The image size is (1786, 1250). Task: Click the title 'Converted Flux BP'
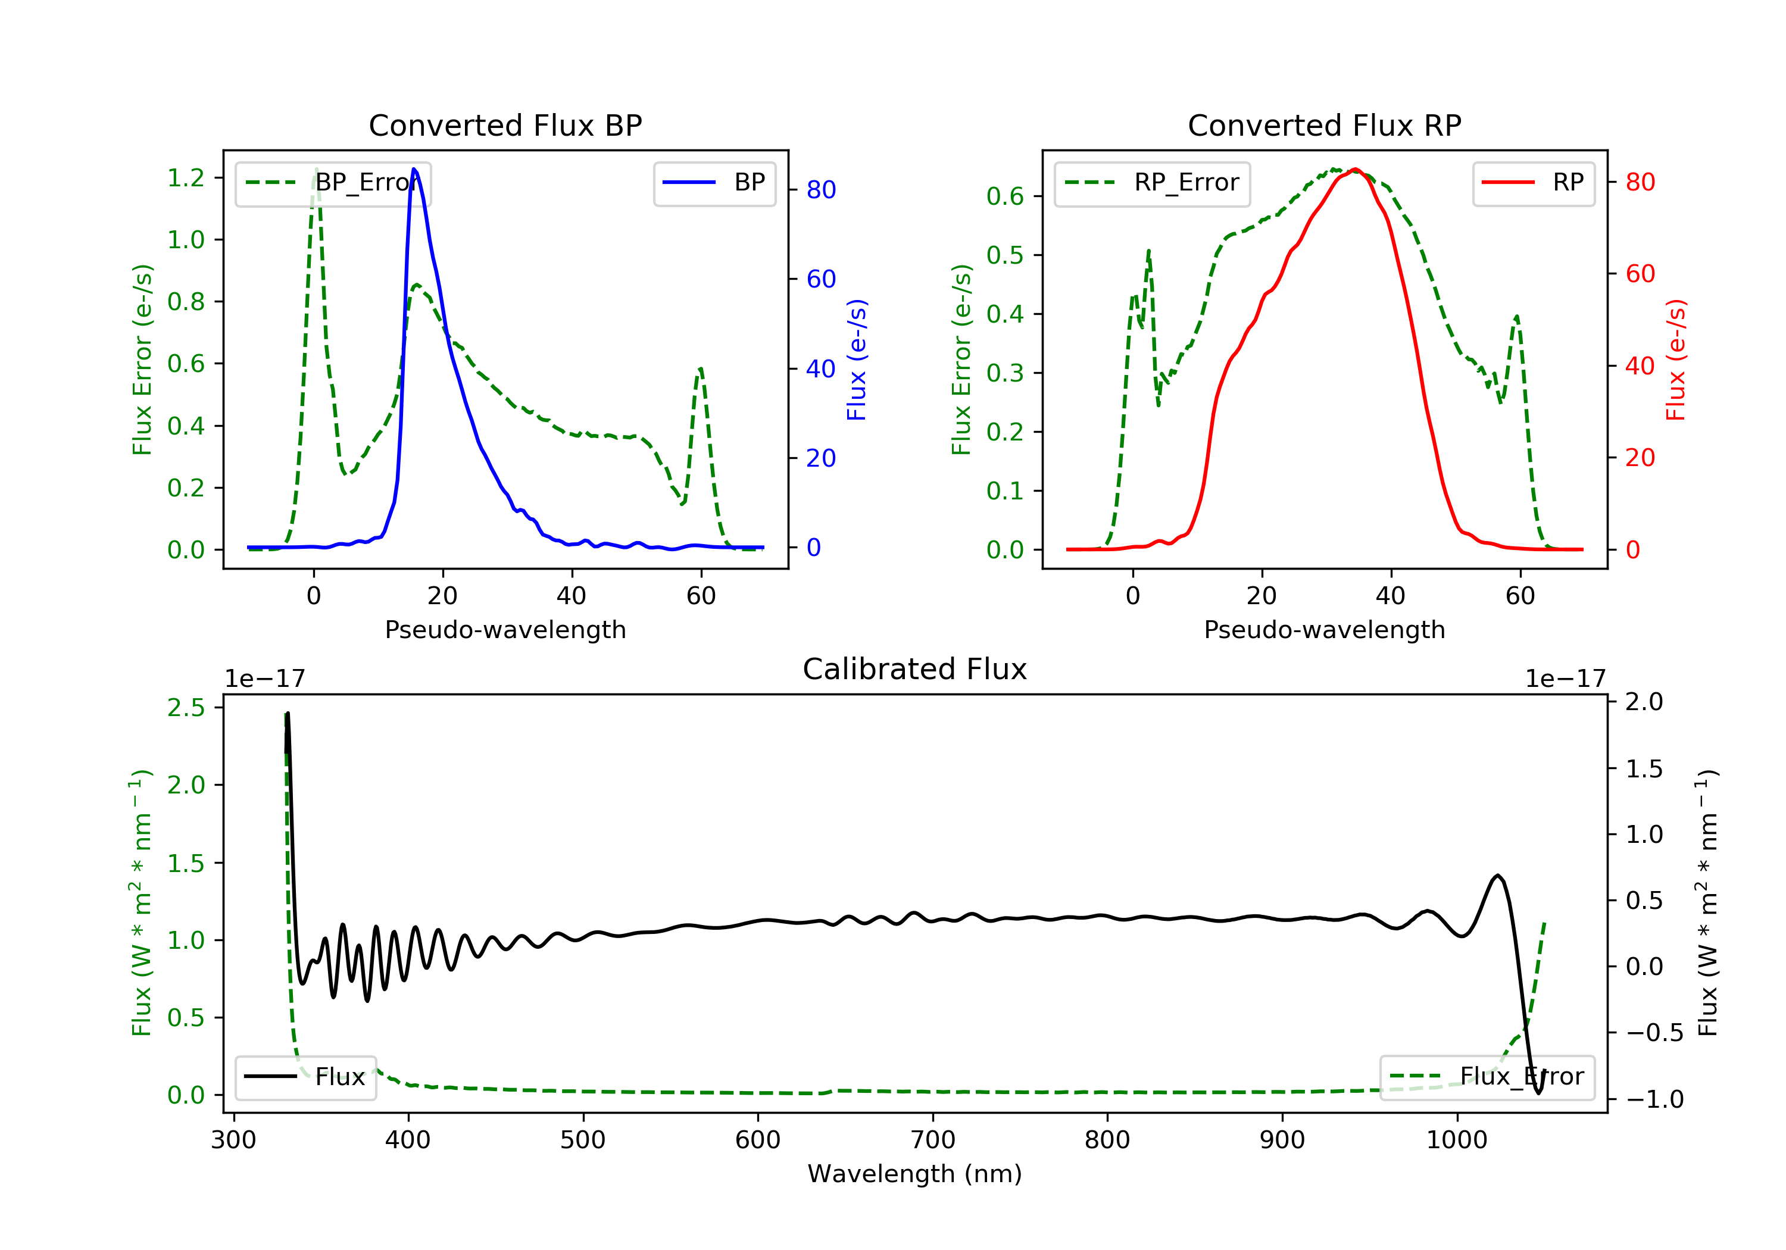[x=505, y=125]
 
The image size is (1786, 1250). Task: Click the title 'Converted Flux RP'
[x=1324, y=125]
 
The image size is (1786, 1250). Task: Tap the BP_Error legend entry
[x=333, y=183]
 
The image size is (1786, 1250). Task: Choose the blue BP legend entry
[x=714, y=183]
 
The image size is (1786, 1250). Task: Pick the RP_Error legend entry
[x=1152, y=183]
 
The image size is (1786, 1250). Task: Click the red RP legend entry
[x=1533, y=183]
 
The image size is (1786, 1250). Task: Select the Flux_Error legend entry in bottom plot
[x=1487, y=1077]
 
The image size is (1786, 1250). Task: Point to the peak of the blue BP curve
[x=414, y=169]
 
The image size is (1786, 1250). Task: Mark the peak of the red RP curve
[x=1355, y=169]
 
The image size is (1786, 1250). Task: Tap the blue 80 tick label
[x=820, y=190]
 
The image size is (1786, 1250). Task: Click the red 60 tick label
[x=1640, y=274]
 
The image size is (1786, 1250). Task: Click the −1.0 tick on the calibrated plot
[x=1654, y=1099]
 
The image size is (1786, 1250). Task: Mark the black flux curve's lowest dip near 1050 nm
[x=1538, y=1093]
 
